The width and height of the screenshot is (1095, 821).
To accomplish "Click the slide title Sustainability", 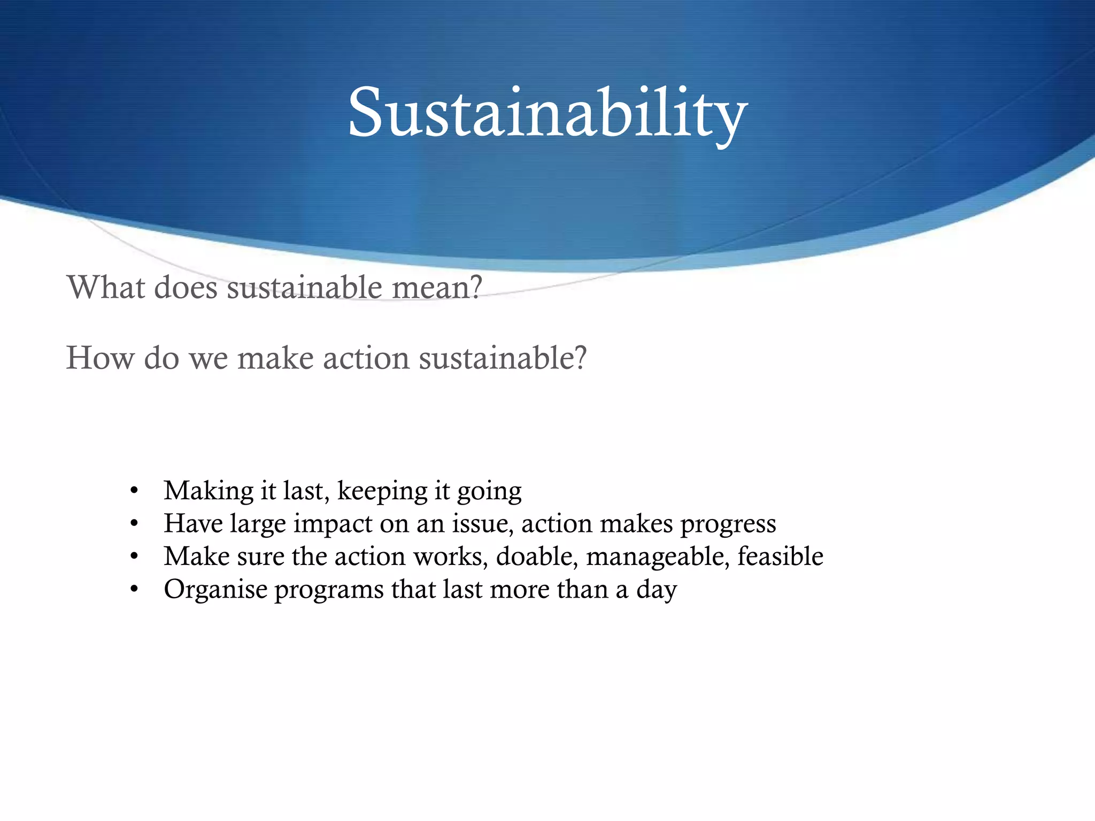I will [x=547, y=113].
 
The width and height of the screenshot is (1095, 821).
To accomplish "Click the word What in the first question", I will [x=106, y=288].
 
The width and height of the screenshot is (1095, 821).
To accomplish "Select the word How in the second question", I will [x=99, y=358].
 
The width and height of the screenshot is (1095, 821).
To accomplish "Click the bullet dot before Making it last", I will [x=134, y=491].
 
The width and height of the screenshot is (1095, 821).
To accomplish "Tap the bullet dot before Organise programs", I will [x=134, y=590].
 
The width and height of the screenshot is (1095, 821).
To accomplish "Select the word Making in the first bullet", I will [x=209, y=491].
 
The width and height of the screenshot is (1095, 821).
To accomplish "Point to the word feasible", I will [x=780, y=556].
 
